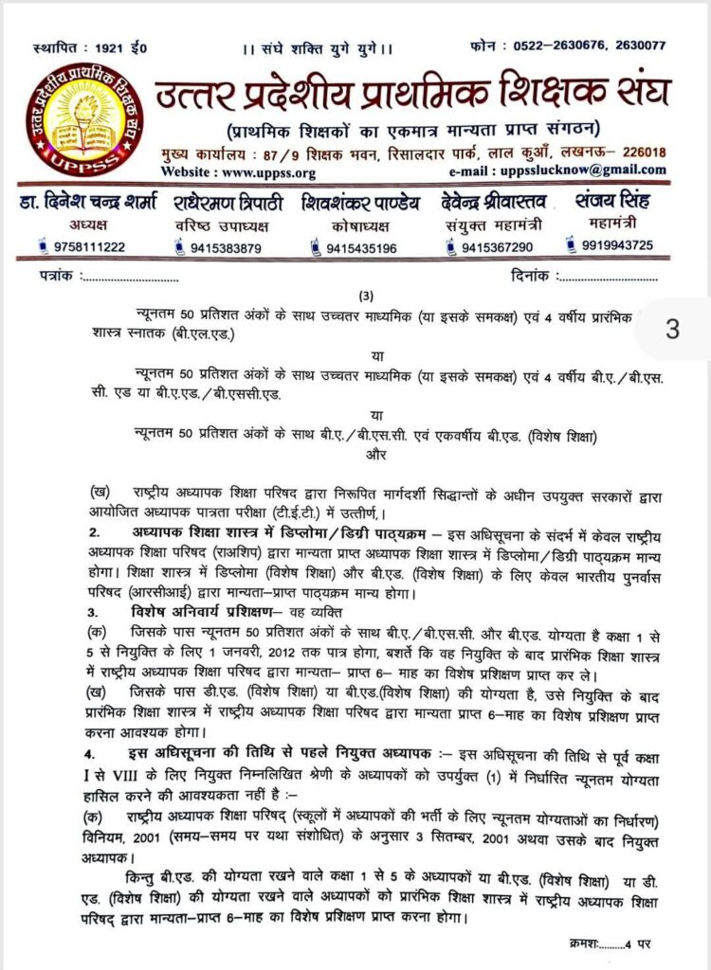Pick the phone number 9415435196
pos(361,248)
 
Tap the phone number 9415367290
pos(497,247)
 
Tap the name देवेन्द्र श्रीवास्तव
pos(490,203)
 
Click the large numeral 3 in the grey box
pos(672,330)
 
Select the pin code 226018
pos(640,152)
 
